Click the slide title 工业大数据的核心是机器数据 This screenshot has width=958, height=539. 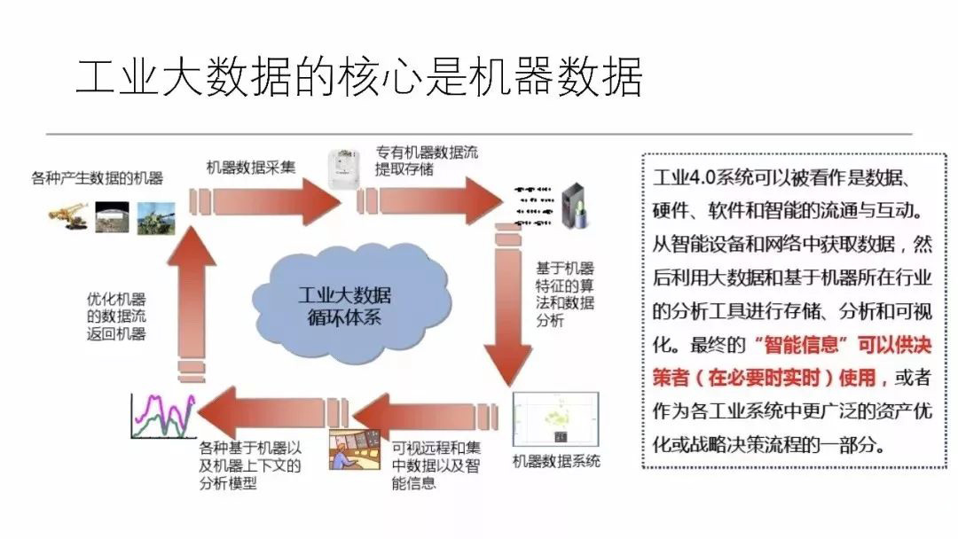pos(358,78)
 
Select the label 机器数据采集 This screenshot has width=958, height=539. pos(251,166)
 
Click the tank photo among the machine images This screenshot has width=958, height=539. pos(157,218)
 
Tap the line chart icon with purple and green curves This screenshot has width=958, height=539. pos(161,416)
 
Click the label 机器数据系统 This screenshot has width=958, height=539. pos(556,462)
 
